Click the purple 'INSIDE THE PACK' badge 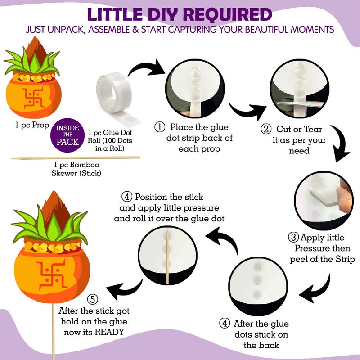point(67,135)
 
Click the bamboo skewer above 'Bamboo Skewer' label point(76,158)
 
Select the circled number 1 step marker point(160,127)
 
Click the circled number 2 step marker point(266,129)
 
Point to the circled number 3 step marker point(293,237)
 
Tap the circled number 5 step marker point(93,299)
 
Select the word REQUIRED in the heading point(228,15)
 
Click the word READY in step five point(109,332)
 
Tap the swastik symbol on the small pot point(34,98)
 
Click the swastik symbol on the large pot point(53,274)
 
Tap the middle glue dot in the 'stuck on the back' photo point(257,279)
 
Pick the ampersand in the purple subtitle point(135,30)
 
